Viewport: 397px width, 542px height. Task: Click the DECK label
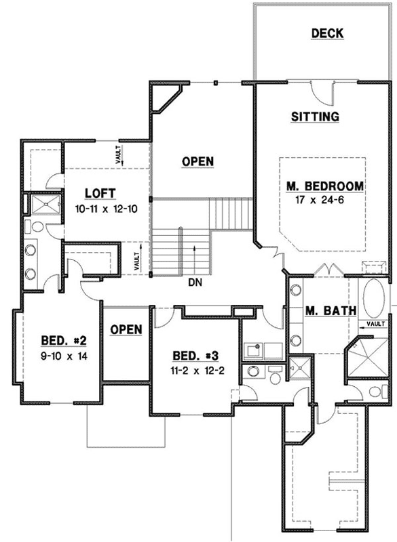(326, 33)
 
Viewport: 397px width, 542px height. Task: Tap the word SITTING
(315, 117)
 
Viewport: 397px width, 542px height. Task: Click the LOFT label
(98, 192)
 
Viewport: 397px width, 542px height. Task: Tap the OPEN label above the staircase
(198, 161)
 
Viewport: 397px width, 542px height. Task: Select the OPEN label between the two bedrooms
(126, 329)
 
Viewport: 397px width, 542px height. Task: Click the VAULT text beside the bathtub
(377, 325)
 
